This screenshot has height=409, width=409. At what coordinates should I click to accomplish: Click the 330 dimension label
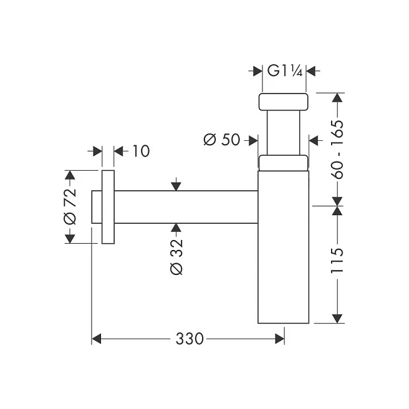(190, 339)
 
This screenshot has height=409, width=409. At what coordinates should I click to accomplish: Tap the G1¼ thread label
(284, 70)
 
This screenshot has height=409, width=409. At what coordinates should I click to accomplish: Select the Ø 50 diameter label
(221, 140)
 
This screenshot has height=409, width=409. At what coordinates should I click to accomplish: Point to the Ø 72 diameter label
(70, 206)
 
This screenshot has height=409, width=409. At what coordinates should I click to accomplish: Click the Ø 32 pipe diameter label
(176, 257)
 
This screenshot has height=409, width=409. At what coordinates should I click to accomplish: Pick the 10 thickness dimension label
(141, 151)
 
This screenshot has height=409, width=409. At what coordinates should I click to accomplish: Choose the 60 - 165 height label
(338, 150)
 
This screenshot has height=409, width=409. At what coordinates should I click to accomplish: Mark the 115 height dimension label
(338, 261)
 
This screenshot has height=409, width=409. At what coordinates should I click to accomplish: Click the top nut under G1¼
(283, 102)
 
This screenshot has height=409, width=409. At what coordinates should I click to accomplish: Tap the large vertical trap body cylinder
(283, 247)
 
